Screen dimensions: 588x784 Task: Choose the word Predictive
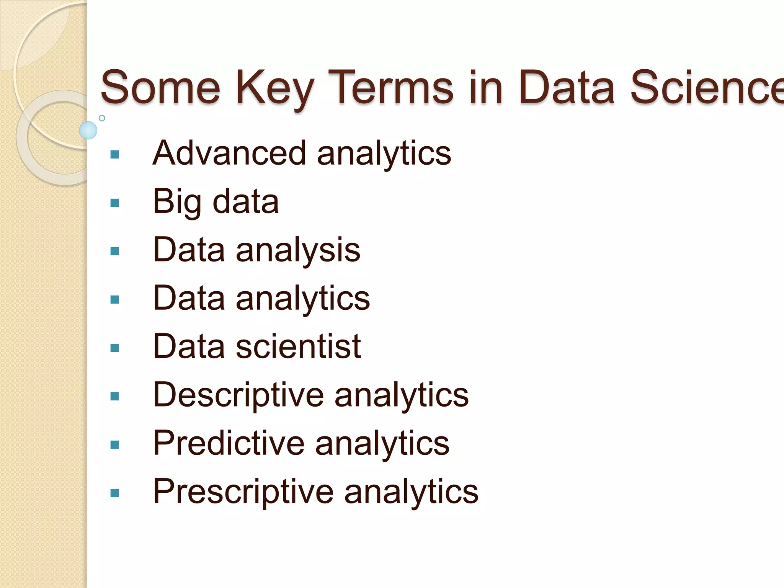point(229,443)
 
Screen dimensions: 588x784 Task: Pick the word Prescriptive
point(243,492)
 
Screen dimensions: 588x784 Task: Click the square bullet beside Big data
point(114,203)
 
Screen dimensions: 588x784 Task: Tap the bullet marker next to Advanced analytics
point(114,155)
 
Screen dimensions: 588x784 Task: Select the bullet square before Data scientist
point(114,348)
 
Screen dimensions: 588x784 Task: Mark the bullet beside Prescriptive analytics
point(114,493)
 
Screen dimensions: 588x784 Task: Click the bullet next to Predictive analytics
point(114,445)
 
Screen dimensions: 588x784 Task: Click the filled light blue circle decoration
point(88,130)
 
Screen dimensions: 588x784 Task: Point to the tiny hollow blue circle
point(102,118)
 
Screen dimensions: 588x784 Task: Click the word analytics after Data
point(303,299)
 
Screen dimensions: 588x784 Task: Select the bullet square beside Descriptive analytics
point(114,396)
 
